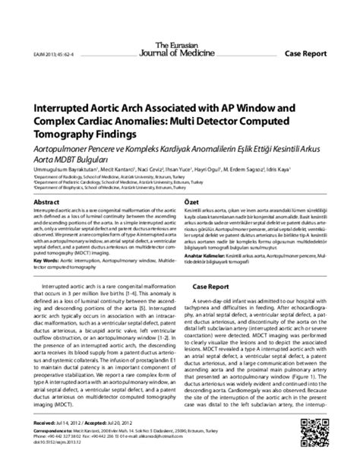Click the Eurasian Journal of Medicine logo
tap(179, 28)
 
